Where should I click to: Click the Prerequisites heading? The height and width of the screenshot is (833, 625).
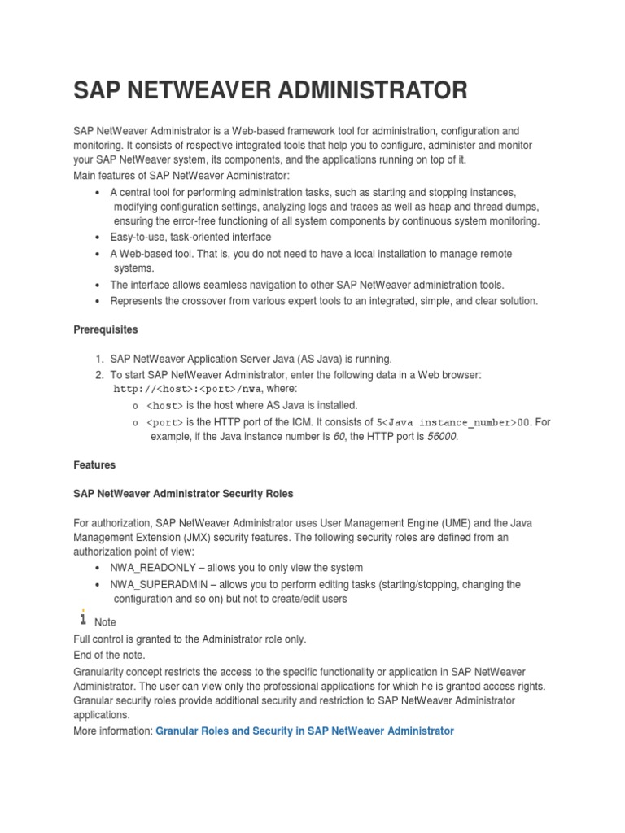pos(106,330)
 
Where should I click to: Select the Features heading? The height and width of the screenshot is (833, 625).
pos(94,465)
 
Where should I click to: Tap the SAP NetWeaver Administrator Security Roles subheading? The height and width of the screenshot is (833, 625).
pos(183,494)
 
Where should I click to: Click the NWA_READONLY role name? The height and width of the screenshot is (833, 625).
pos(151,568)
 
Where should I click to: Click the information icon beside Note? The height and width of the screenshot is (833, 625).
pos(81,619)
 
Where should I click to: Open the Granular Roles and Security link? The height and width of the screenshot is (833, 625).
pos(304,731)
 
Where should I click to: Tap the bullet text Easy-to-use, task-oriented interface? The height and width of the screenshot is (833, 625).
pos(190,237)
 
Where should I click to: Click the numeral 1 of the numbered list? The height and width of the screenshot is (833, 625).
pos(98,359)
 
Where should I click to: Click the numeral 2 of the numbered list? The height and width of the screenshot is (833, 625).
pos(98,375)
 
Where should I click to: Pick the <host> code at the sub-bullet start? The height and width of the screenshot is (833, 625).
pos(165,405)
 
